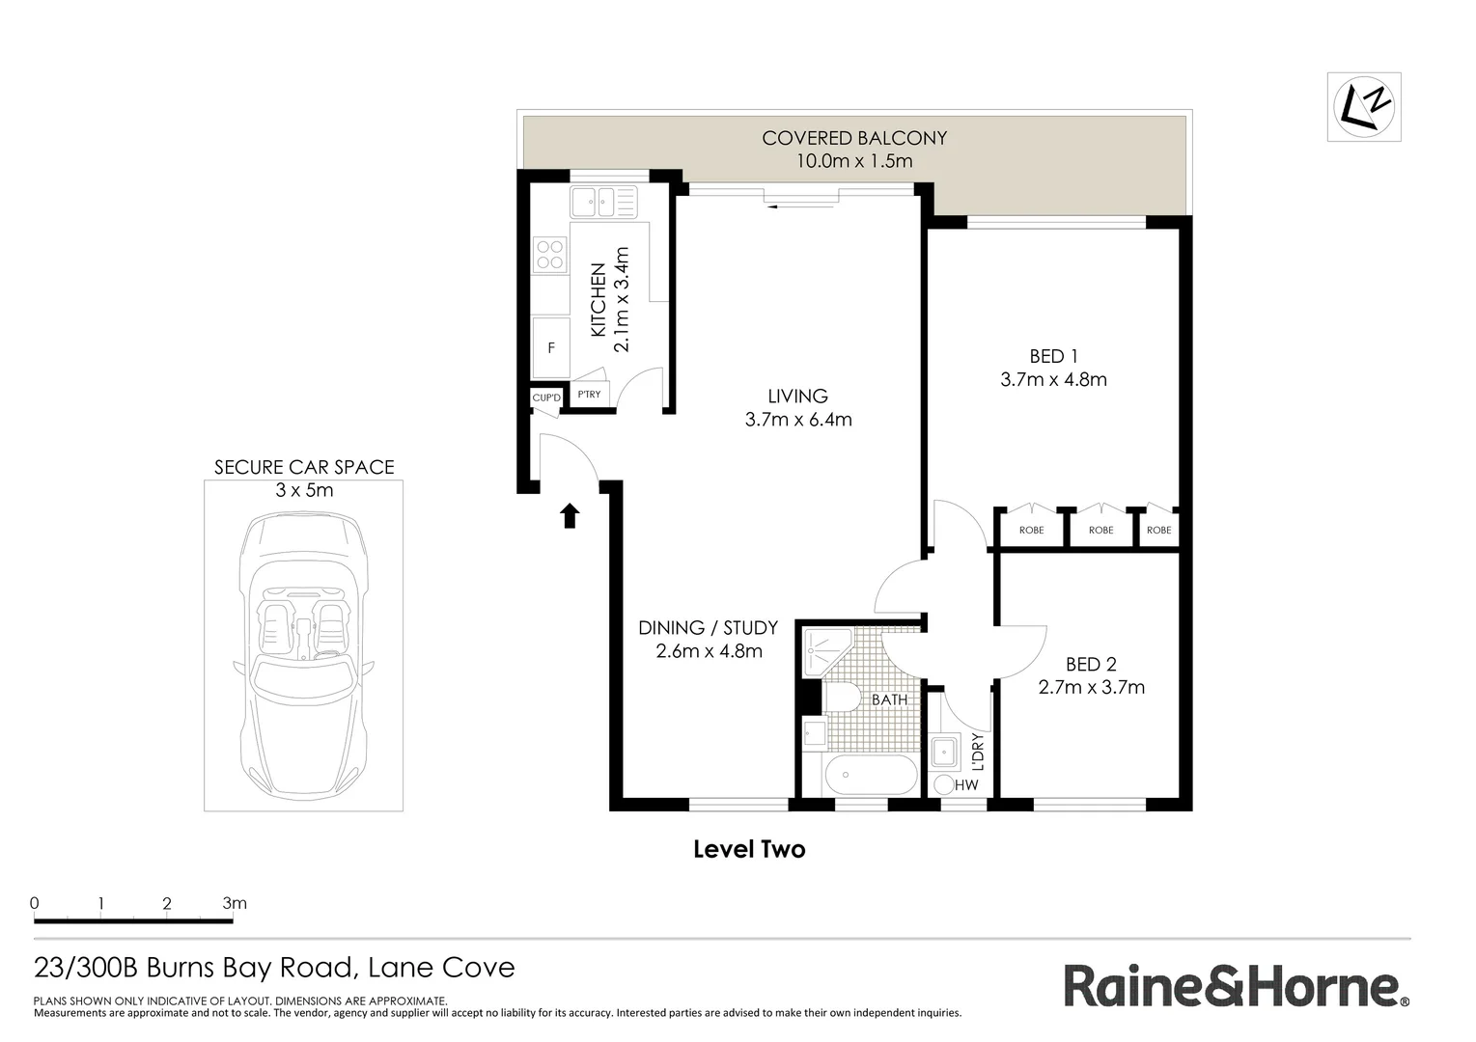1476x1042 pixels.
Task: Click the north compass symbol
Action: click(x=1363, y=106)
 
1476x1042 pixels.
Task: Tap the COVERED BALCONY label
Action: click(x=854, y=138)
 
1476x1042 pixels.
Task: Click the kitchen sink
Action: click(x=603, y=203)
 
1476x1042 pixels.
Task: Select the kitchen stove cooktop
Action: click(x=550, y=255)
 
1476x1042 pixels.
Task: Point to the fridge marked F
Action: click(x=551, y=347)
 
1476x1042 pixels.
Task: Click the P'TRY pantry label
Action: click(x=589, y=395)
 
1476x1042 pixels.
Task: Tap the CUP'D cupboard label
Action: click(x=545, y=398)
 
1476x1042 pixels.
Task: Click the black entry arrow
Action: click(x=570, y=516)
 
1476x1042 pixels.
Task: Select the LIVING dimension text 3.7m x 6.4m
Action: click(x=798, y=420)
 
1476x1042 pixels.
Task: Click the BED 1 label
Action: click(x=1053, y=356)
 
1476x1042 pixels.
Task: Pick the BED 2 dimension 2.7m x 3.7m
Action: click(x=1091, y=687)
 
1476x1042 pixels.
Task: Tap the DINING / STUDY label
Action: click(x=709, y=628)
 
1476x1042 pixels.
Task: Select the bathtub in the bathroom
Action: click(x=872, y=775)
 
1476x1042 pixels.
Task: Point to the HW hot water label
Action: click(x=966, y=785)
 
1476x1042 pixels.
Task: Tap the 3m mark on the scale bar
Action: click(x=234, y=904)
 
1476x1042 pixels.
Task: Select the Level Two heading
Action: click(x=749, y=849)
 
